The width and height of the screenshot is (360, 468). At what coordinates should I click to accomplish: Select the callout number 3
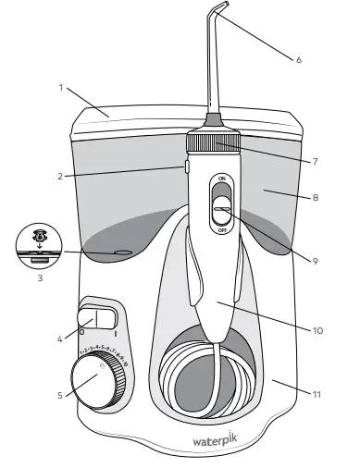pos(38,276)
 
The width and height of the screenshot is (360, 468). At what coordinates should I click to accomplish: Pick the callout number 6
pos(299,60)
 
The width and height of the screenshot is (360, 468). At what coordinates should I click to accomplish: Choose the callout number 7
pos(315,161)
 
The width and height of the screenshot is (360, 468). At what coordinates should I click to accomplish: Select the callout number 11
pos(317,394)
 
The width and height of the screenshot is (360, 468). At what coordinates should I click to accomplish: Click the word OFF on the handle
pos(222,230)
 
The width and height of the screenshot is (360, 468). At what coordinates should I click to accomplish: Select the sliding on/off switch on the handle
pos(221,203)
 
